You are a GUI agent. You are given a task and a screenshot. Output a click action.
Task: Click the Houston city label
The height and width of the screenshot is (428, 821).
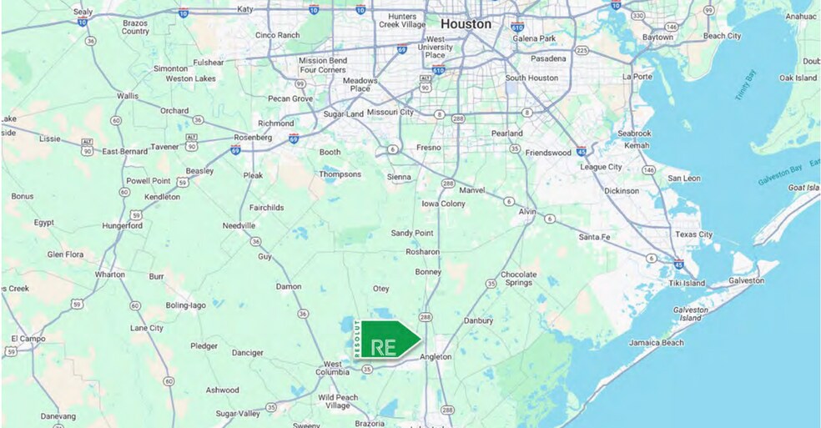[466, 24]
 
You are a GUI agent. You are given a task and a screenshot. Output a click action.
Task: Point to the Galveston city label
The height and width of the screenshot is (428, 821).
[745, 281]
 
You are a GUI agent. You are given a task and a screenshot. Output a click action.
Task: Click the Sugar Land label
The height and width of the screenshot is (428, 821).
[343, 113]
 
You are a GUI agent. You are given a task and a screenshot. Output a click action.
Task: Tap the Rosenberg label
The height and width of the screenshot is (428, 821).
[254, 137]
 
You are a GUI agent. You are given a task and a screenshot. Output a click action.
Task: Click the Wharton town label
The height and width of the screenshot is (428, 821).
[109, 274]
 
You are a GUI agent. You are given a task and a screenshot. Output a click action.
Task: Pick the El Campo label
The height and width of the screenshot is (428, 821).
[26, 339]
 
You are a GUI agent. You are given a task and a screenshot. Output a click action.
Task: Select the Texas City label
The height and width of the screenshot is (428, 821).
[693, 235]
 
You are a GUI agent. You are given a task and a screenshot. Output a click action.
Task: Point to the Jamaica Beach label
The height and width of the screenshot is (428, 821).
[656, 343]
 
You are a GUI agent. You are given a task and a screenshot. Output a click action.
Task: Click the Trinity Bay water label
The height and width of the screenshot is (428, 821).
[745, 88]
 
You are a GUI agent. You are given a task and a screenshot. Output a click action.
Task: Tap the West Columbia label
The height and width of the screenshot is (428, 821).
[332, 368]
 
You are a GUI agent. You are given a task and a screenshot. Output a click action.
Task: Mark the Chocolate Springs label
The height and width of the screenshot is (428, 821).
[517, 279]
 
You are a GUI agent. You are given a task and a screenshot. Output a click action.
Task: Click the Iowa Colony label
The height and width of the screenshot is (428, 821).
[443, 204]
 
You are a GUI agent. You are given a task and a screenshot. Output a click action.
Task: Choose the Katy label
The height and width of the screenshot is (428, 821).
[244, 9]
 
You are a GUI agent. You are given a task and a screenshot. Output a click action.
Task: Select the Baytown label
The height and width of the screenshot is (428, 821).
[657, 38]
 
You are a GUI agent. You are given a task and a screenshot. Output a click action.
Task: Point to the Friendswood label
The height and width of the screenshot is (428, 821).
[548, 153]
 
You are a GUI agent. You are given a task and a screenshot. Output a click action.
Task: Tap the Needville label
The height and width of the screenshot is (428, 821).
[239, 225]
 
